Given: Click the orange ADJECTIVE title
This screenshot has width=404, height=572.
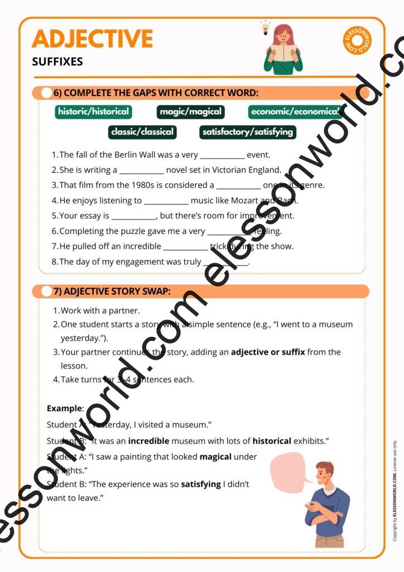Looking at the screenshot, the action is coord(92,39).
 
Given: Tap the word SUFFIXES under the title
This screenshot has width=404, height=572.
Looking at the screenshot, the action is coord(57,62).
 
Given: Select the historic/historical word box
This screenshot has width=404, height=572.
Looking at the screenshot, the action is coord(93,111).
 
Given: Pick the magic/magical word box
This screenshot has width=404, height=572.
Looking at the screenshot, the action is coord(191,112).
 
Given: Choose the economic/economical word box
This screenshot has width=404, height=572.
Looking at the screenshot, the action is coord(295,112).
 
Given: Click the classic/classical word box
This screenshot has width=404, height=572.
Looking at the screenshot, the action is coord(142,132).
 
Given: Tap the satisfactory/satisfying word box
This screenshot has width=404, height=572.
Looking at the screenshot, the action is coord(247,132).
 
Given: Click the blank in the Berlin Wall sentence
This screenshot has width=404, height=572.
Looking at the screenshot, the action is coord(222,156).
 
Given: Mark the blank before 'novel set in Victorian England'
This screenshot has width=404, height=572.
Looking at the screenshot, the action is coord(142,171).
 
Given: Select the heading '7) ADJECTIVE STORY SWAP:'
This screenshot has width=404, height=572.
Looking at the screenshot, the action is coord(112,291).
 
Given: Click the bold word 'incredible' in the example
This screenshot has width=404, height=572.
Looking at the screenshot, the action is coord(148,441).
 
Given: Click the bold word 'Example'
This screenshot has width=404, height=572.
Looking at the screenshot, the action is coord(64,408).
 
